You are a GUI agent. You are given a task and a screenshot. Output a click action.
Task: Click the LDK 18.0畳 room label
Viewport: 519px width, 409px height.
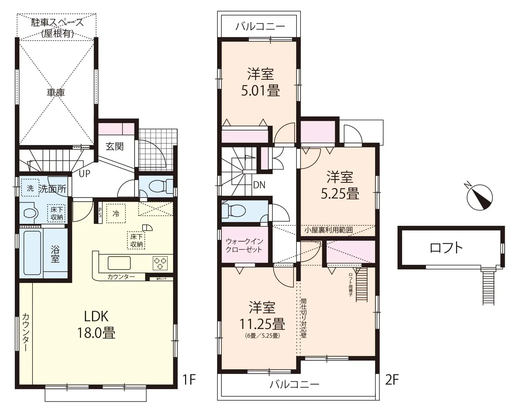point(96,325)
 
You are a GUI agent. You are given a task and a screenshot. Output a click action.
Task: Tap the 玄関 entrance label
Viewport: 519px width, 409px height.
point(115,146)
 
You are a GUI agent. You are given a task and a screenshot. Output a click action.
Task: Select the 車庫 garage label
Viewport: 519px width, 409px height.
point(56,93)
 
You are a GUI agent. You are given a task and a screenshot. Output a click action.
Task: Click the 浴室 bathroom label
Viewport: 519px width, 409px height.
point(55,254)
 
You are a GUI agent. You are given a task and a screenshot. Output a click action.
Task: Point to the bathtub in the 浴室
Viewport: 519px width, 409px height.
point(32,253)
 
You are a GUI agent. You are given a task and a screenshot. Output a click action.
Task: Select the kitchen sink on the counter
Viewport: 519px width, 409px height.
point(119,263)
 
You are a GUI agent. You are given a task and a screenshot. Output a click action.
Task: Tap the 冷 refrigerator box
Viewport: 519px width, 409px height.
point(116,214)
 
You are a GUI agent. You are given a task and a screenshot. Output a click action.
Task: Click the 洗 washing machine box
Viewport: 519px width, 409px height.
point(30,188)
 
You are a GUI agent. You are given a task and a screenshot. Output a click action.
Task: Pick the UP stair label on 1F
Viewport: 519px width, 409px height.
point(84,174)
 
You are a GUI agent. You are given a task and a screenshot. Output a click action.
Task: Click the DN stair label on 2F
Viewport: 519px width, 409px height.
point(259,185)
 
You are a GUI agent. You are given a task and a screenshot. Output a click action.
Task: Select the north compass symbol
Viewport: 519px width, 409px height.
point(480,197)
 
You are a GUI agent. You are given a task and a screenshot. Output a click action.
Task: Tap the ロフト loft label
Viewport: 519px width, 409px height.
point(446,248)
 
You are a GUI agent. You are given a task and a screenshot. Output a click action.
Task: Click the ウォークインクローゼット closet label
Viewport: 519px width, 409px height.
point(244,245)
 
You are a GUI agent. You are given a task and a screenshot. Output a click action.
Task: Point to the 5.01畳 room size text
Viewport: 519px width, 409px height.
point(260,91)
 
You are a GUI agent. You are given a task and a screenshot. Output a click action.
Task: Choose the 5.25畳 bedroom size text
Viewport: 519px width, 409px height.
point(340,194)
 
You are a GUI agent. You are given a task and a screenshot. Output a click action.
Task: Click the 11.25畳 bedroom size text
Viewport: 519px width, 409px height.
point(262,324)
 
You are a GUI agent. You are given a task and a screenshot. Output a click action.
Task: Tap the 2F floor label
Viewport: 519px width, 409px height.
point(392,380)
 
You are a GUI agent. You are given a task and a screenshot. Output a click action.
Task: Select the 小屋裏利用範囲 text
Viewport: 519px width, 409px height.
point(328,230)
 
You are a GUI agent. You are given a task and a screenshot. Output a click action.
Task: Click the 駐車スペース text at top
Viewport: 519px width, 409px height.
point(57,22)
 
